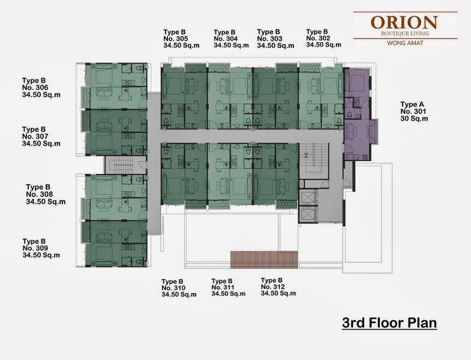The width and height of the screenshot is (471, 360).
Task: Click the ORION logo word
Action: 404,22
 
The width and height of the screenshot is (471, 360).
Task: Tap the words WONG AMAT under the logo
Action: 405,43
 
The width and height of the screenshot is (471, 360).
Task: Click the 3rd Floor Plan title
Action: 389,323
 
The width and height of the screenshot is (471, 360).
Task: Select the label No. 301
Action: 413,111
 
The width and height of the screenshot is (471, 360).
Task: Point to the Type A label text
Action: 412,104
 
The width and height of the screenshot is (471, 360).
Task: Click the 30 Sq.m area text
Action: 414,118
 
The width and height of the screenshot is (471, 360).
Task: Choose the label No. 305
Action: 176,38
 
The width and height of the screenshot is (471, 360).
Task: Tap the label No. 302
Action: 318,38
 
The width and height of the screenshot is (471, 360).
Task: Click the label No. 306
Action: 35,88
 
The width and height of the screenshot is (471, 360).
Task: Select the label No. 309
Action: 35,248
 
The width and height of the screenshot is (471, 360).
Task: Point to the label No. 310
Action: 173,288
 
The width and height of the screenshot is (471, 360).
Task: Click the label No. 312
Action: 273,287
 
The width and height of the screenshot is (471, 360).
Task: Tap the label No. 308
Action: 40,194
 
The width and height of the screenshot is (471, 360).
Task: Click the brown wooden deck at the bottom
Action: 264,260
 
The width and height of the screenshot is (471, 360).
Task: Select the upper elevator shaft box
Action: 307,197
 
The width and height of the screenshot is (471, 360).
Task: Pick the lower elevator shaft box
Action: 307,214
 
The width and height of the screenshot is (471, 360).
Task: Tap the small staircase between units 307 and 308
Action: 122,165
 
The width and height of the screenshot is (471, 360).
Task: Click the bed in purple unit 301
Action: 356,82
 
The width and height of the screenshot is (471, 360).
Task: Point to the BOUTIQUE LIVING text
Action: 405,34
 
